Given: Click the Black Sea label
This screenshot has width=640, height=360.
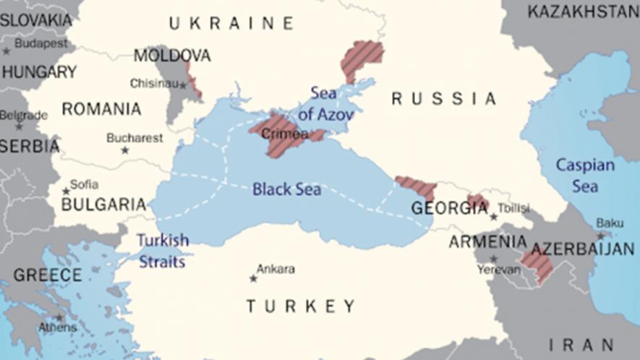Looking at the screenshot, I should (x=286, y=189).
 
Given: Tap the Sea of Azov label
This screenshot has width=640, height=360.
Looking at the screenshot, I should (x=326, y=103).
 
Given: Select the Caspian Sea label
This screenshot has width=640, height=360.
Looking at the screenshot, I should (x=585, y=175).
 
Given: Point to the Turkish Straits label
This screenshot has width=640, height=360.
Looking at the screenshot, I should (x=163, y=250).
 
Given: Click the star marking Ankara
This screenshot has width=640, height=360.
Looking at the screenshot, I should (x=253, y=278).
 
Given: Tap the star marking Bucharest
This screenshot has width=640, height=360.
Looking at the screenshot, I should (x=124, y=150).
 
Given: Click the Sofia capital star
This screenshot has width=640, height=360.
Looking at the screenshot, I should (x=66, y=191).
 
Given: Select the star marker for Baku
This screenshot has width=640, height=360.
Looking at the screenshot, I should (x=600, y=236).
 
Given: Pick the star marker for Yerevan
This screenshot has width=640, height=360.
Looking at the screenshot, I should (x=493, y=259).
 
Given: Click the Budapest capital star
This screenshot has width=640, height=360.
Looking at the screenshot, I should (x=7, y=51).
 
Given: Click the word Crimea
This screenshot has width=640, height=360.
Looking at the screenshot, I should (x=284, y=134).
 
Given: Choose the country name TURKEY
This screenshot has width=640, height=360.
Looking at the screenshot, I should (x=300, y=306).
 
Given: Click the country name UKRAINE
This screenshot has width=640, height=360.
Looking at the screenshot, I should (x=231, y=24).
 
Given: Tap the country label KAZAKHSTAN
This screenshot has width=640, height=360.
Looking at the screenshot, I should (x=583, y=12).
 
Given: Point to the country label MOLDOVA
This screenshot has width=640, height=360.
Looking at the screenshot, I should (x=172, y=56).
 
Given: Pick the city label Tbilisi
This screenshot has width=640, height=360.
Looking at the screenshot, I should (x=514, y=207).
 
